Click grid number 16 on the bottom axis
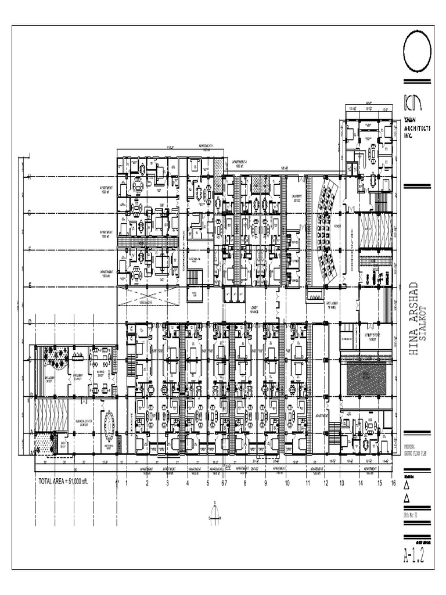[394, 482]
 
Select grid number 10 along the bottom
[286, 482]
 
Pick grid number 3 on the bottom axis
[167, 482]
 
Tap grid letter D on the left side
[28, 323]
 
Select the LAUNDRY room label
[297, 198]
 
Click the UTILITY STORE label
[370, 338]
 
